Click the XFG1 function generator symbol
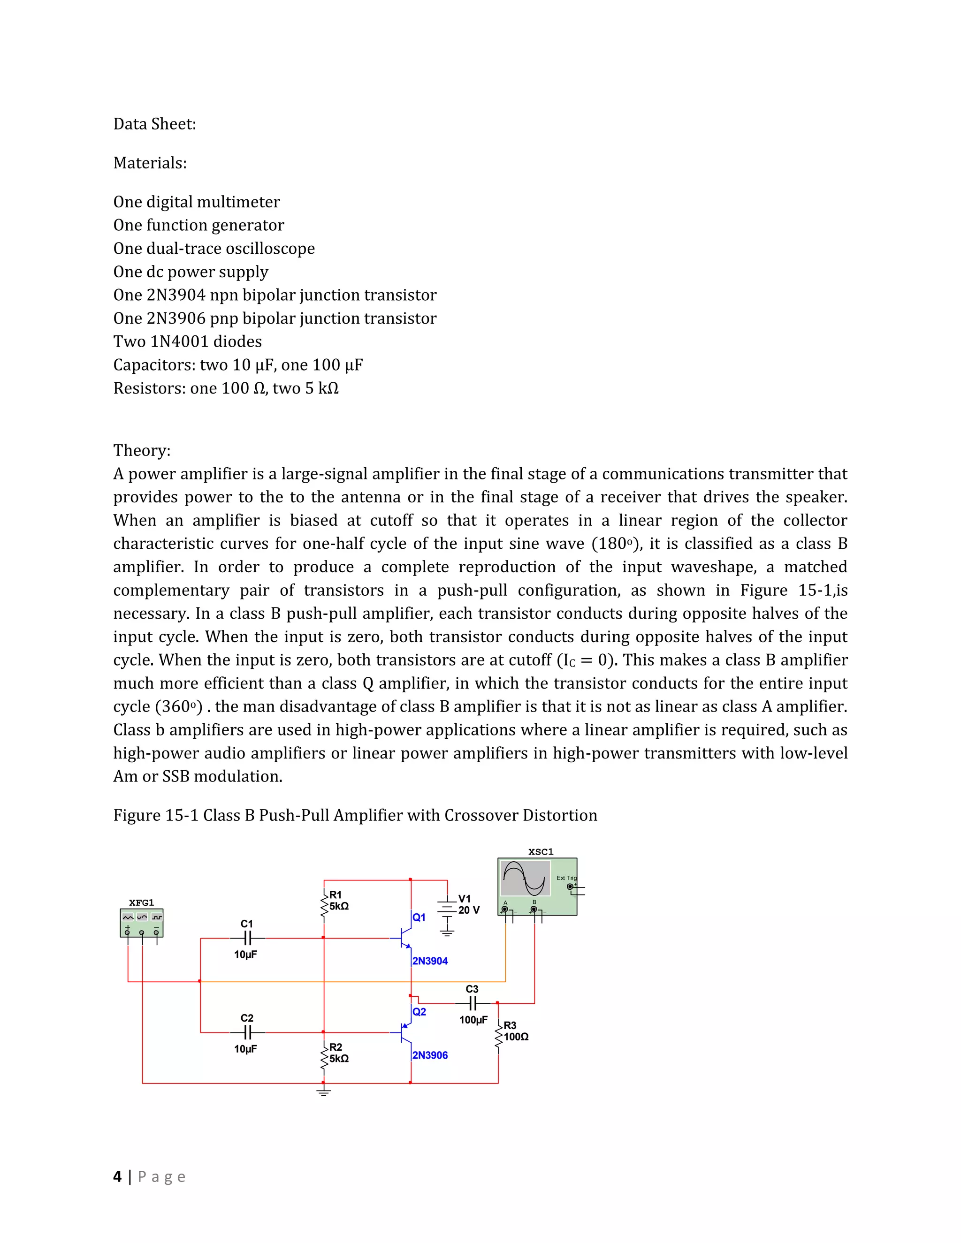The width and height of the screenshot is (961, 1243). (142, 923)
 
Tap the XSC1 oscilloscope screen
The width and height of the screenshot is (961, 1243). (526, 878)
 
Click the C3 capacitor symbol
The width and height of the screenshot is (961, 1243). (473, 1003)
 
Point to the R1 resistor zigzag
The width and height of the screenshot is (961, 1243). (325, 904)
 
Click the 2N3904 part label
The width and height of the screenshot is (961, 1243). (430, 961)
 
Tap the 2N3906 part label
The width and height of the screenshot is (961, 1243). (430, 1055)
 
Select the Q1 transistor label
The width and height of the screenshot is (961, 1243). (419, 917)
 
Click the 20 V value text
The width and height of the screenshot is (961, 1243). (469, 910)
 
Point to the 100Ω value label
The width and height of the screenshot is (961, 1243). (516, 1037)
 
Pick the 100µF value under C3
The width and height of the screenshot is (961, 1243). (473, 1020)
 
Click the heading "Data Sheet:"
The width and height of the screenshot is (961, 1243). (155, 124)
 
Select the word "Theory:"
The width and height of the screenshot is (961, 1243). (142, 450)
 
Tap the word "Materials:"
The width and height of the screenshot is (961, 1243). (150, 163)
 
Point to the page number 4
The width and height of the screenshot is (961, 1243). (117, 1176)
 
